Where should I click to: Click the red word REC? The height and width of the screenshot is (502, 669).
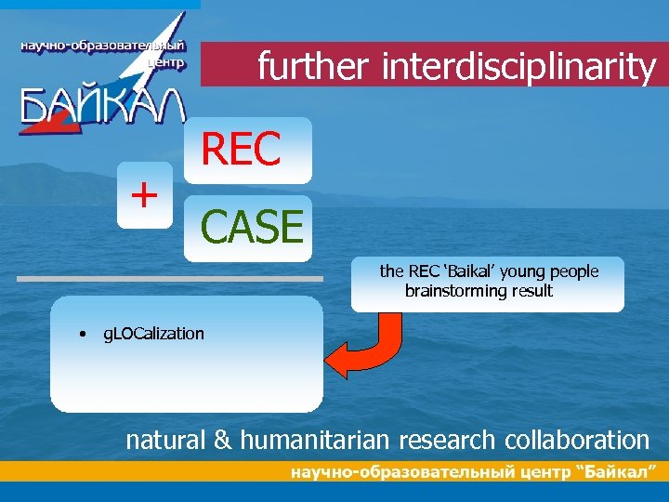(x=241, y=150)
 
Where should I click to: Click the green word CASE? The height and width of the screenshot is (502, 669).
(x=252, y=227)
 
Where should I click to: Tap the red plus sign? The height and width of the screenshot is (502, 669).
(x=144, y=194)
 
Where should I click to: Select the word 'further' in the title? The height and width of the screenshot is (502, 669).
(x=313, y=67)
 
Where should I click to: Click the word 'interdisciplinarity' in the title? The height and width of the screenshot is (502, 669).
(x=518, y=67)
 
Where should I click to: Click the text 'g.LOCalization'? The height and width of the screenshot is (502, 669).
(x=153, y=334)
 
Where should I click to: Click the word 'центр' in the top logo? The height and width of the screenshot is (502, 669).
(x=166, y=63)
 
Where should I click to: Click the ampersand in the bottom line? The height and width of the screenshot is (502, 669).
(x=223, y=440)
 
